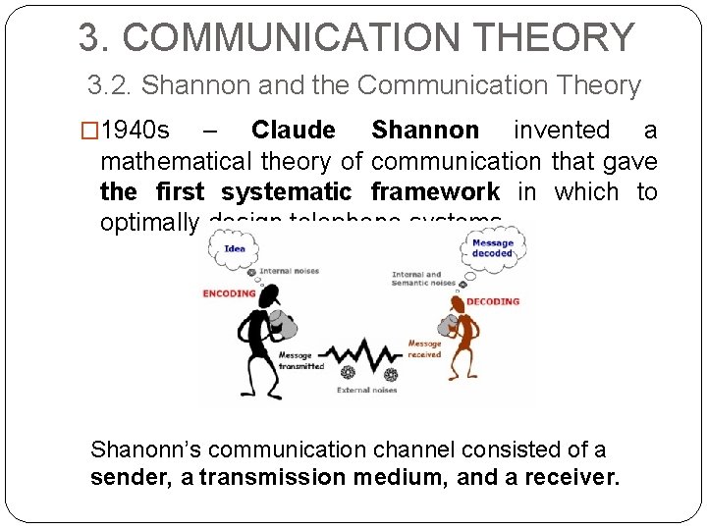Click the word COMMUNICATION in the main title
pyautogui.click(x=295, y=37)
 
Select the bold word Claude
pyautogui.click(x=293, y=131)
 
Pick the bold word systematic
pyautogui.click(x=286, y=191)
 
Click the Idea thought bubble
pyautogui.click(x=235, y=249)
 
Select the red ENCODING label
pyautogui.click(x=229, y=292)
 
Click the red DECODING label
pyautogui.click(x=493, y=301)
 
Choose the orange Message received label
pyautogui.click(x=424, y=349)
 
